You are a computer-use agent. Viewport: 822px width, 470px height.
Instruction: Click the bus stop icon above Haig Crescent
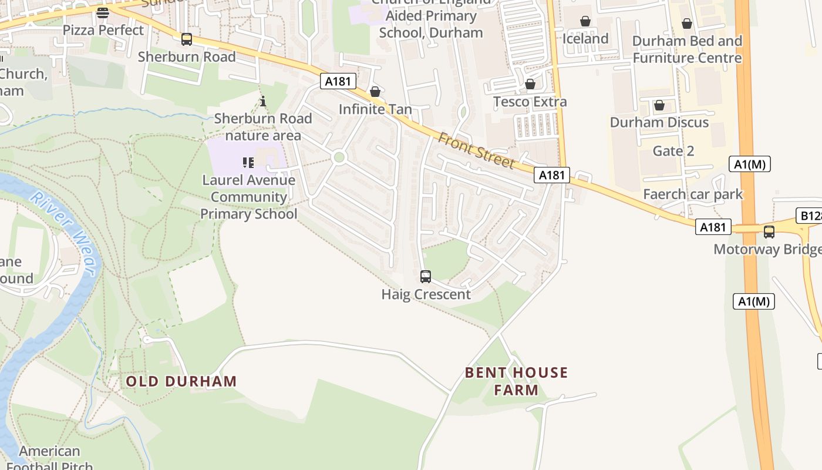tap(426, 276)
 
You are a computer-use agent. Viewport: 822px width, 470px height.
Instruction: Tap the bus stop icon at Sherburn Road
tap(187, 39)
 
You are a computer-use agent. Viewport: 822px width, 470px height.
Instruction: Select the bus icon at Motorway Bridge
tap(769, 231)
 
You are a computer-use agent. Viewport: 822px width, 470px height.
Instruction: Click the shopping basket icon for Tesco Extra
tap(530, 84)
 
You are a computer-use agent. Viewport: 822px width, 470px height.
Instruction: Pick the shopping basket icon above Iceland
tap(585, 21)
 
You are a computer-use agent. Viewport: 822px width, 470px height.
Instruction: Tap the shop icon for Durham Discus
tap(659, 105)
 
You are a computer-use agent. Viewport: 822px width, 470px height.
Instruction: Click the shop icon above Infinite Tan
tap(375, 92)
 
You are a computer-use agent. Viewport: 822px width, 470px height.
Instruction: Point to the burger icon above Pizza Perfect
tap(103, 12)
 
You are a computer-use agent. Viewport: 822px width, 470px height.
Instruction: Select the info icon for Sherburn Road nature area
tap(263, 101)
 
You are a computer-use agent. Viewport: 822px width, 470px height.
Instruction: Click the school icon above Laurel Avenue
tap(248, 162)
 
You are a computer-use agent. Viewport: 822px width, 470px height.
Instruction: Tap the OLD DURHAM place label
tap(181, 381)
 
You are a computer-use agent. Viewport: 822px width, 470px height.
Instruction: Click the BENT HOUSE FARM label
tap(516, 381)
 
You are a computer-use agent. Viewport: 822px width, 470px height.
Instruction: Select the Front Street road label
tap(476, 150)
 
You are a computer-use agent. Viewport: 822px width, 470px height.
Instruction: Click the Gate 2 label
tap(673, 151)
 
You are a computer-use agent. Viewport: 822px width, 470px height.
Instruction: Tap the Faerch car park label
tap(693, 194)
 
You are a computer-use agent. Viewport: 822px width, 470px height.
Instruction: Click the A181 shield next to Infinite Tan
tap(338, 81)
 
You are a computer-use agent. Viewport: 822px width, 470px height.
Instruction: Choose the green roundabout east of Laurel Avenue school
tap(338, 157)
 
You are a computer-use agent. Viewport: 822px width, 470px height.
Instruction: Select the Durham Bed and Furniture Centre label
tap(687, 49)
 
